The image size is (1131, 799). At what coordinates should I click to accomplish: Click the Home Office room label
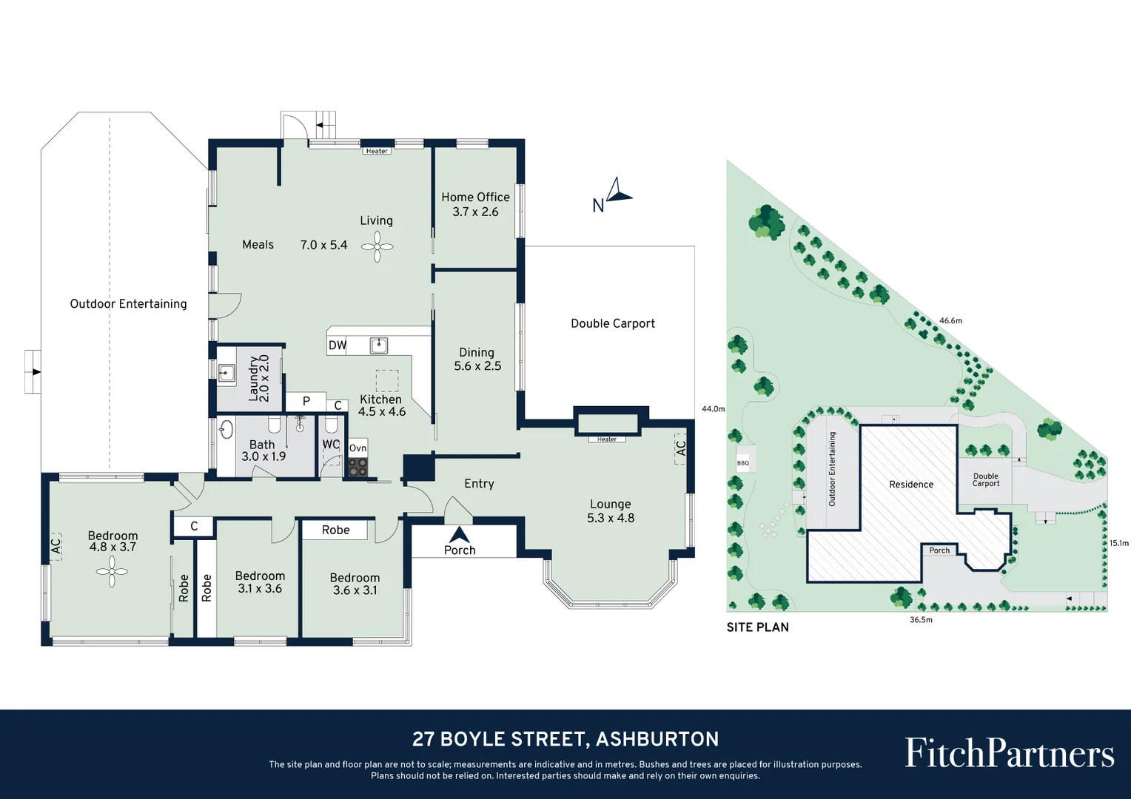click(475, 198)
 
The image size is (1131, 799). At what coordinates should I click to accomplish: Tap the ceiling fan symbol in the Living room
click(377, 247)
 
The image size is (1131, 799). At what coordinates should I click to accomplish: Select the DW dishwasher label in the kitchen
click(338, 345)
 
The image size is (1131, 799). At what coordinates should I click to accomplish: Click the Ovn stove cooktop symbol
click(358, 467)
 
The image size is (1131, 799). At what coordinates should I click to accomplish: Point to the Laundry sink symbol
click(226, 373)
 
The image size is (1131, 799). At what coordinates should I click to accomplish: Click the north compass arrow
click(618, 191)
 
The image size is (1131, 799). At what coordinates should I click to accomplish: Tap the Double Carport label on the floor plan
click(613, 323)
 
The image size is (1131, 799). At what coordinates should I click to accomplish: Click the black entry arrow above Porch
click(459, 534)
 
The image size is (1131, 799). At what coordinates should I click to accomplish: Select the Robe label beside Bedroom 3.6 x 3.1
click(335, 530)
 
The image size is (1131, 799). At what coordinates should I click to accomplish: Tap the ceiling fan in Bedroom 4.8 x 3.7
click(112, 571)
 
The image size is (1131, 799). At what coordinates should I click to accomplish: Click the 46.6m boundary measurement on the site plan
click(950, 320)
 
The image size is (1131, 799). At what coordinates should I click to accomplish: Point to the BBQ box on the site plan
click(743, 463)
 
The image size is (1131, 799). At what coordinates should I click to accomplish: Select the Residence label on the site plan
click(911, 485)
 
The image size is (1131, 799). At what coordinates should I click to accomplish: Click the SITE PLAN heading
click(757, 627)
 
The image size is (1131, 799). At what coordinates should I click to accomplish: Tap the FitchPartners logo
click(1009, 753)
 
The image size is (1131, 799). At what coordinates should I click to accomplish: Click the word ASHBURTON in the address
click(657, 739)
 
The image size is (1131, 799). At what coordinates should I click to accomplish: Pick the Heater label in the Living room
click(377, 151)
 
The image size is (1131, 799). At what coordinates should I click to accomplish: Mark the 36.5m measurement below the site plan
click(921, 620)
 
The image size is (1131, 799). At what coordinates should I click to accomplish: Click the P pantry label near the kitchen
click(306, 402)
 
